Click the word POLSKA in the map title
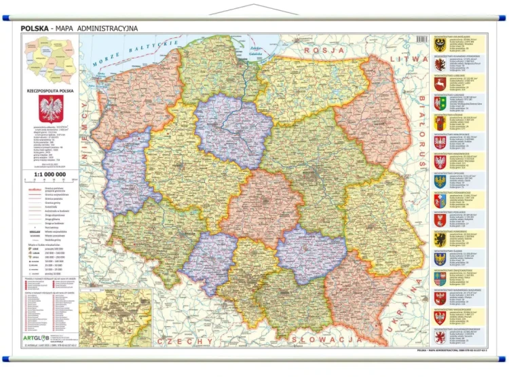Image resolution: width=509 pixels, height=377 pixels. (35, 29)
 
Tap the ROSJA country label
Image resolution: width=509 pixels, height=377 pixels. (322, 50)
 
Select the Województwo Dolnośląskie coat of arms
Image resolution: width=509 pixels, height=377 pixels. (440, 44)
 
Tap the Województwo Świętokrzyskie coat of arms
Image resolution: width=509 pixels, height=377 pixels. (440, 279)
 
